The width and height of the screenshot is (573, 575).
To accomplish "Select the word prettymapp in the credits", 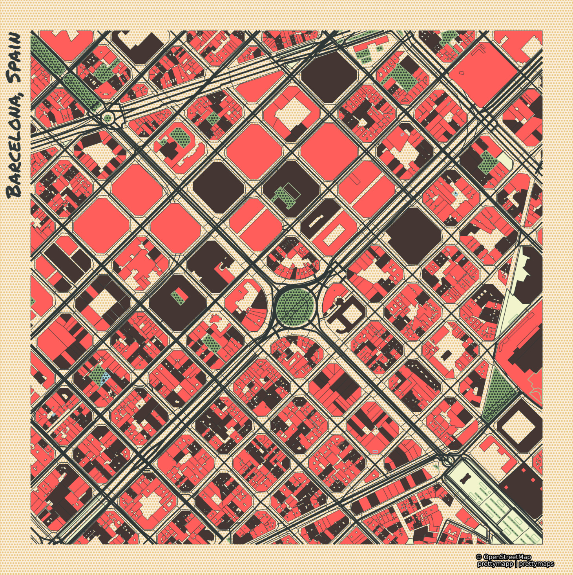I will [495, 564].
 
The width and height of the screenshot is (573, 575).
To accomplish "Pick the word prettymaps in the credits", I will [537, 564].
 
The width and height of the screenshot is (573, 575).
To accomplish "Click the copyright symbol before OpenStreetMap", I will [478, 557].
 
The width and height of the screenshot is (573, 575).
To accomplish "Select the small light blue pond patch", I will [105, 378].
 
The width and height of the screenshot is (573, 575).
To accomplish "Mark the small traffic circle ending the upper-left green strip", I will [107, 117].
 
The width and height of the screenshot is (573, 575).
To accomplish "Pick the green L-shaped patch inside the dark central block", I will [283, 194].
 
